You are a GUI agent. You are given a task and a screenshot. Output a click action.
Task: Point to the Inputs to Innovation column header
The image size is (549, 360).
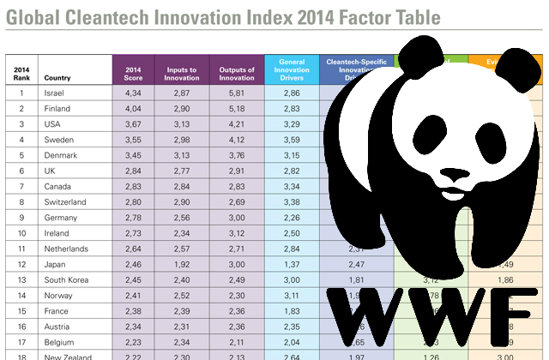182,70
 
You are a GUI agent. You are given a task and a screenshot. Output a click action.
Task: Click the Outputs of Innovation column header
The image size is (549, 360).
237,70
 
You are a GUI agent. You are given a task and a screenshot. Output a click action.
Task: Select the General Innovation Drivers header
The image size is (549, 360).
293,70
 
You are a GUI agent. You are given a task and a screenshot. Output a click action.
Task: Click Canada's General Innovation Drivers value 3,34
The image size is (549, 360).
293,185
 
